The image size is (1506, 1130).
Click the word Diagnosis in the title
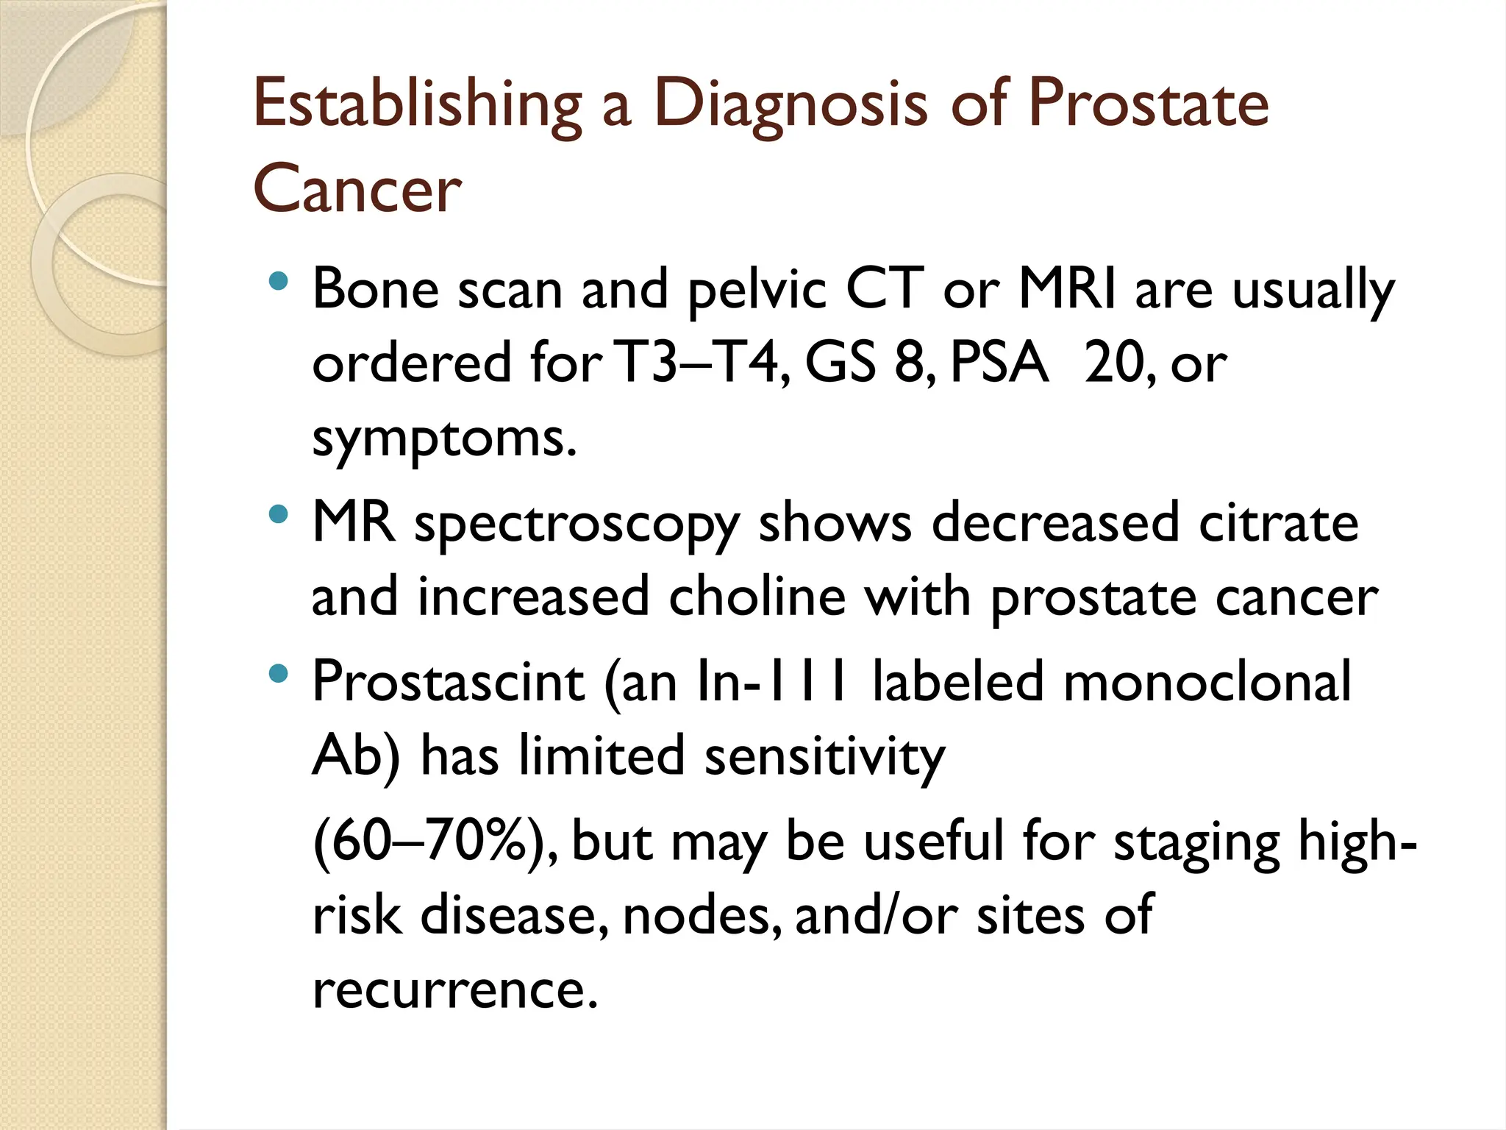(x=791, y=104)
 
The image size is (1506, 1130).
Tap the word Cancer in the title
(x=357, y=190)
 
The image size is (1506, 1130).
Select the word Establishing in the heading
(x=418, y=104)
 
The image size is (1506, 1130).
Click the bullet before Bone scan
(x=278, y=280)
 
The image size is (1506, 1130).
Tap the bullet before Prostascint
(x=278, y=672)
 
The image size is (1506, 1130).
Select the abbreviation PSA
(x=999, y=363)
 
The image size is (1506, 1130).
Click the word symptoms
(x=443, y=440)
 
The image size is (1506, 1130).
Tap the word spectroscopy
(x=577, y=525)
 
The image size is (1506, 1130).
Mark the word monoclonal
(x=1207, y=681)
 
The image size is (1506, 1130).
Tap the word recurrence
(x=454, y=989)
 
